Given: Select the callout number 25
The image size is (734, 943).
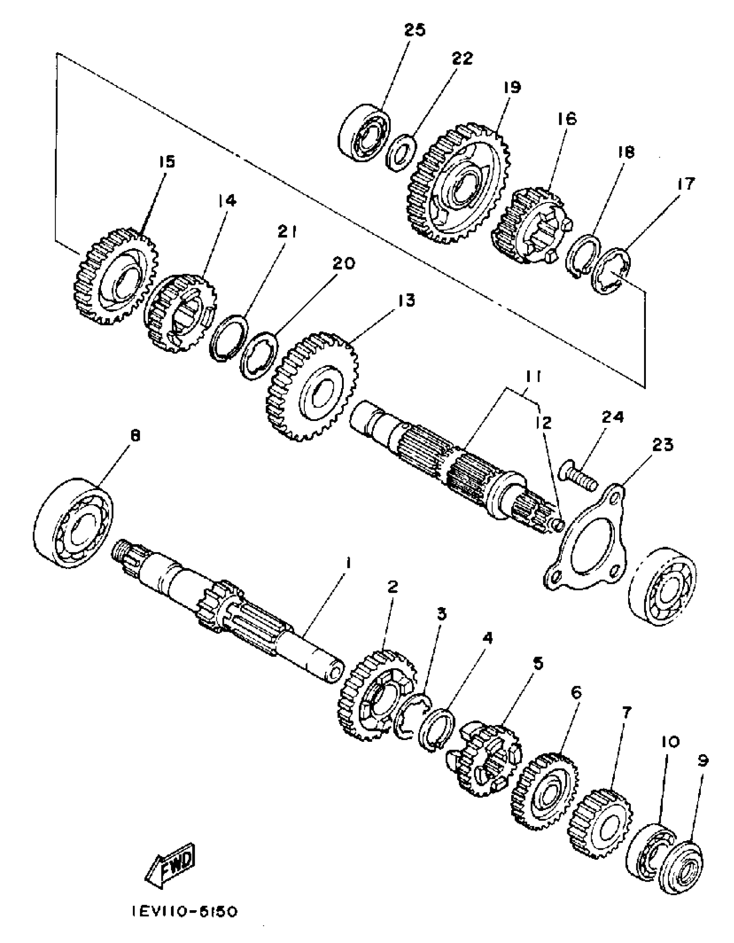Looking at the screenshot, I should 414,30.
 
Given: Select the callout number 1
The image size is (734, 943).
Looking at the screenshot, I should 348,563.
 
